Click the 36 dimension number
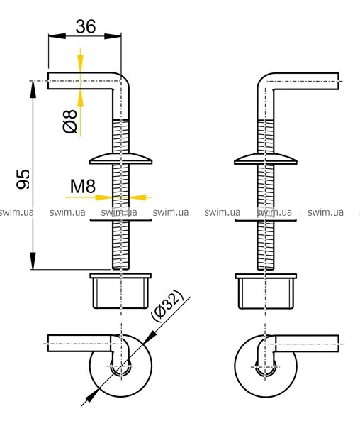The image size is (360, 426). (x=86, y=27)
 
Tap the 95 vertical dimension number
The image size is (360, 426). (x=23, y=179)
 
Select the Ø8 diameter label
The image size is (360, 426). (x=70, y=121)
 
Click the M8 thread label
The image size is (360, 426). (x=83, y=186)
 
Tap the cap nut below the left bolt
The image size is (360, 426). (x=120, y=291)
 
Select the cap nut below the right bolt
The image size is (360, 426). (x=266, y=291)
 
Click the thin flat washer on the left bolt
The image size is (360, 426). (x=121, y=219)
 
